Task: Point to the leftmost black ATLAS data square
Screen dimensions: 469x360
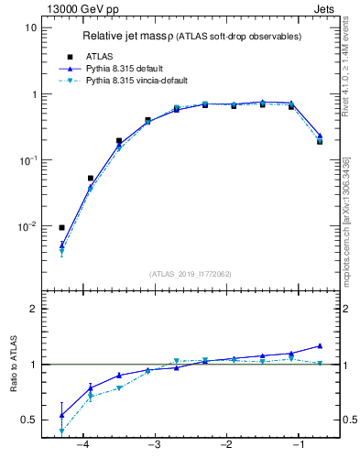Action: [61, 227]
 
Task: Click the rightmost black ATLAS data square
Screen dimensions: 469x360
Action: [320, 141]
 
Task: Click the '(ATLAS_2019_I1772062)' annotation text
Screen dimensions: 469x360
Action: [191, 273]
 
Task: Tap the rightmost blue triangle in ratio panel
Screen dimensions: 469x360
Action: [320, 346]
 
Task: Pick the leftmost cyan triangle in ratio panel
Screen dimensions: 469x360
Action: [61, 431]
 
